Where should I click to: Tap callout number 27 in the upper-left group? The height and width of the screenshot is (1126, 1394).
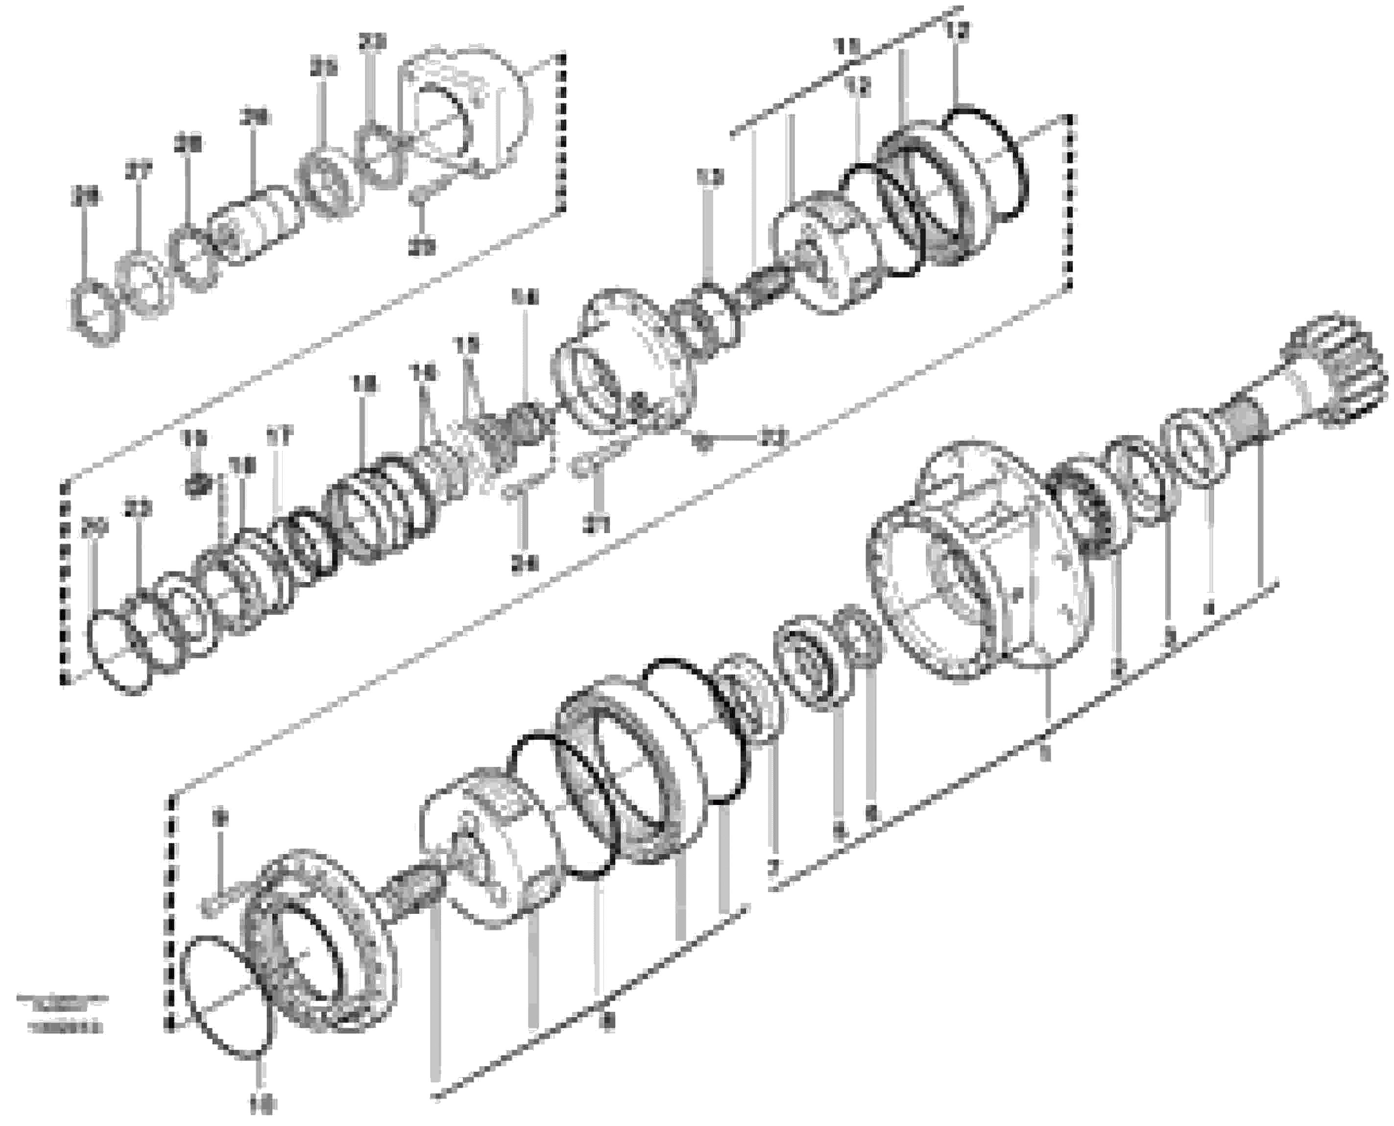point(138,172)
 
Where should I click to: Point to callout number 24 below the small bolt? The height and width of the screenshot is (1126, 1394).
point(524,565)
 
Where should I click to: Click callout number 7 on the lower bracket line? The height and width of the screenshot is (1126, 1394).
point(771,872)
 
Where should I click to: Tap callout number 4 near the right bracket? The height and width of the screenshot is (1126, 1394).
point(1207,610)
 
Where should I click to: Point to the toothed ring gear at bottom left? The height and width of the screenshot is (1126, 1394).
point(318,947)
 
